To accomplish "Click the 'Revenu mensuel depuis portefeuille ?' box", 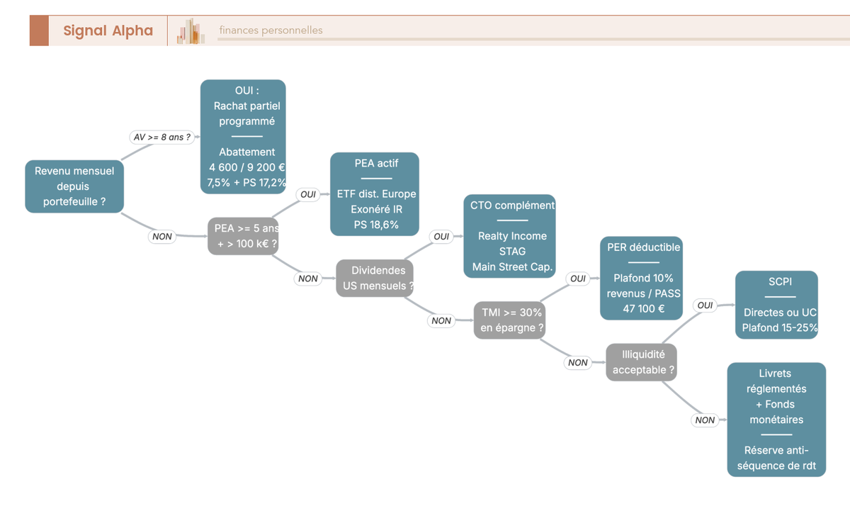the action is pyautogui.click(x=74, y=186).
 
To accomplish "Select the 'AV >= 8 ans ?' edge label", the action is pyautogui.click(x=162, y=137).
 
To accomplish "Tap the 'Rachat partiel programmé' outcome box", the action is pyautogui.click(x=243, y=137).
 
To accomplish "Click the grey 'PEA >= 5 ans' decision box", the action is pyautogui.click(x=243, y=236).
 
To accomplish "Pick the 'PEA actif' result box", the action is pyautogui.click(x=375, y=194).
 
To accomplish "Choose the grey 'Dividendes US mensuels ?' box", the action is pyautogui.click(x=375, y=279).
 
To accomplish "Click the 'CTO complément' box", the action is pyautogui.click(x=509, y=236).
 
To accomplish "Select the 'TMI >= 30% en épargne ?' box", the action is pyautogui.click(x=509, y=320).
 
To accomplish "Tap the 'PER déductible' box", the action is pyautogui.click(x=641, y=279).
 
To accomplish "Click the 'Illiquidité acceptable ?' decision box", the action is pyautogui.click(x=641, y=363).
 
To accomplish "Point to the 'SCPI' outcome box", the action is pyautogui.click(x=777, y=305).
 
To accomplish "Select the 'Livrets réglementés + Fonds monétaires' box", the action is pyautogui.click(x=777, y=420).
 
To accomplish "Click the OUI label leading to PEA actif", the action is pyautogui.click(x=308, y=194).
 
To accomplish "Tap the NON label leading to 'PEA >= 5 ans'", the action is pyautogui.click(x=162, y=237).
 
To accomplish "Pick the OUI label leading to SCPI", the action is pyautogui.click(x=705, y=305).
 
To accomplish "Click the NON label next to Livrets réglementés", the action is pyautogui.click(x=705, y=420).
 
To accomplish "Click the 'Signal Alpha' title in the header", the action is pyautogui.click(x=108, y=30).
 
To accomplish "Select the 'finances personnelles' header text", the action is pyautogui.click(x=271, y=30).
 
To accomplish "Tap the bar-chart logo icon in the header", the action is pyautogui.click(x=191, y=31).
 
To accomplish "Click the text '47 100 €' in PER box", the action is pyautogui.click(x=644, y=308).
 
